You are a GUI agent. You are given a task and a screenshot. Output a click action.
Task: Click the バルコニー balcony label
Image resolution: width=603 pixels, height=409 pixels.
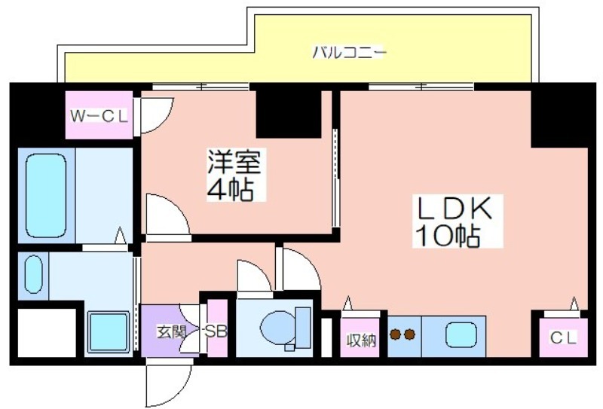pos(348,53)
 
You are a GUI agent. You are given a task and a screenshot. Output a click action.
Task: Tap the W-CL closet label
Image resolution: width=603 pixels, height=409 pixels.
pos(99,116)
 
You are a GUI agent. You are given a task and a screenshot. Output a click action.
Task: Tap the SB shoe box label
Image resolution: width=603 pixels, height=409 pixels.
pos(216,331)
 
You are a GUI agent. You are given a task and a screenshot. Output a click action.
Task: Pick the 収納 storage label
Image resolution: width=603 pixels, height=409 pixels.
pos(361,340)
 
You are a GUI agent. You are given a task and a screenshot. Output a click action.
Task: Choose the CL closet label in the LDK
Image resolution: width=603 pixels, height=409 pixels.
pos(564,338)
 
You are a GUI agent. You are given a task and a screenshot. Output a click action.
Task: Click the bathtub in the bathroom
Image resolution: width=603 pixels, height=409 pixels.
pos(46,196)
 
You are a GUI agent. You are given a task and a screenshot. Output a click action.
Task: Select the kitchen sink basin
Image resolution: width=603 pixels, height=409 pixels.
pos(461,335)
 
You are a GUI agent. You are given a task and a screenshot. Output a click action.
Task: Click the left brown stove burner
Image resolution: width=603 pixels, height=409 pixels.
pos(395,335)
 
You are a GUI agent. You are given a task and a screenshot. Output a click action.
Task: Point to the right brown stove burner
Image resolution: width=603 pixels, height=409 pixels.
pos(409,335)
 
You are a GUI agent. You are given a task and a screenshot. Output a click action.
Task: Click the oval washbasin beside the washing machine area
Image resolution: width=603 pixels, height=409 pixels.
pos(34,274)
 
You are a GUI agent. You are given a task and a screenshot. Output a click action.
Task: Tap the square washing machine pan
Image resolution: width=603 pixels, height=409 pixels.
pos(108,331)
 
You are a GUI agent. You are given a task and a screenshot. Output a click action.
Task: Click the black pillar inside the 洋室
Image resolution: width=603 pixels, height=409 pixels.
pos(289,114)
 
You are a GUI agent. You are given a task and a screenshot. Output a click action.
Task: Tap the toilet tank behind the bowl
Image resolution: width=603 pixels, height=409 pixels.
pos(303,328)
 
